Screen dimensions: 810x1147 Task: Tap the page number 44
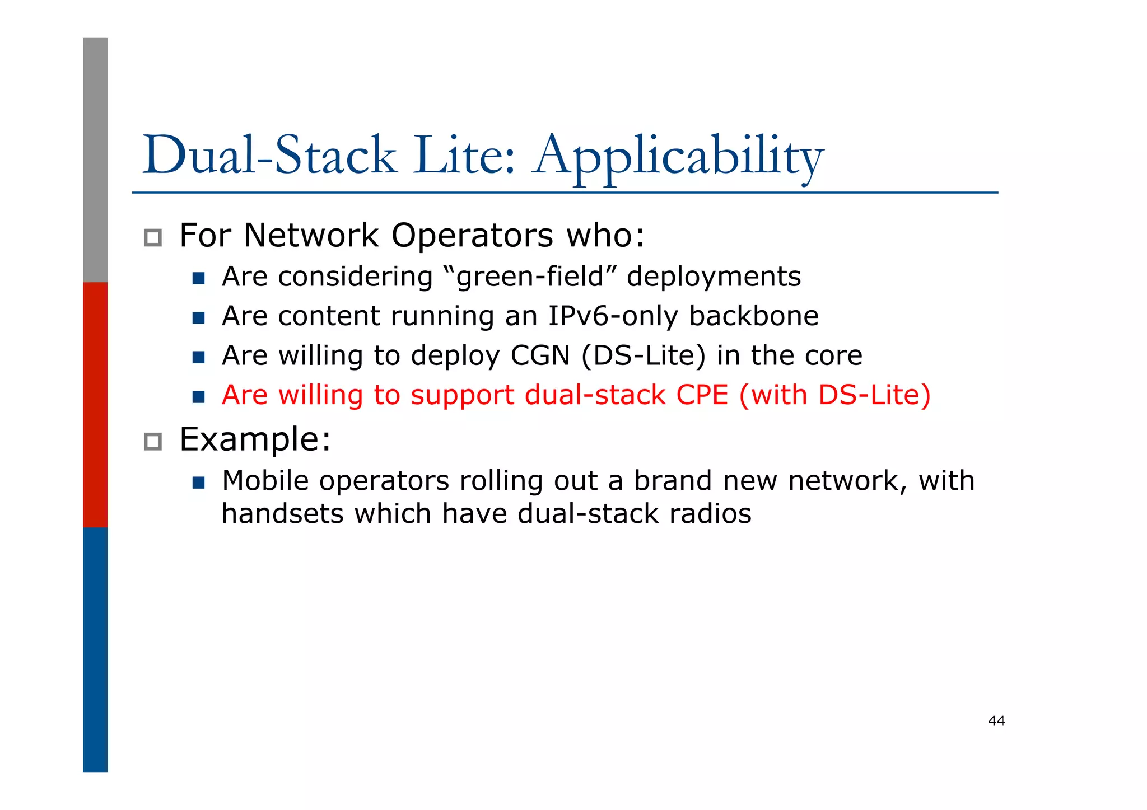pos(996,721)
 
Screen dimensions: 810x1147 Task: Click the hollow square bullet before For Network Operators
pos(152,238)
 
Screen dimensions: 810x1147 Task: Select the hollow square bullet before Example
pos(152,442)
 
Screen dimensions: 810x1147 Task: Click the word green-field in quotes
pos(530,277)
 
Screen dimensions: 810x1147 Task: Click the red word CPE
pos(702,395)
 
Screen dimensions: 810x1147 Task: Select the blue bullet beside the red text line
pos(198,397)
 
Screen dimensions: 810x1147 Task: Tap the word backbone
pos(753,316)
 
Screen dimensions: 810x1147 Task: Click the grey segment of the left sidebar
pos(95,160)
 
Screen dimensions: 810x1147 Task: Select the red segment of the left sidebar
pos(95,404)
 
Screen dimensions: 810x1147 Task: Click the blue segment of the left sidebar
pos(95,649)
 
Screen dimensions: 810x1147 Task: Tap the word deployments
pos(714,277)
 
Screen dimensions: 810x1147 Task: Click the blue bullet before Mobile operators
pos(198,483)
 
